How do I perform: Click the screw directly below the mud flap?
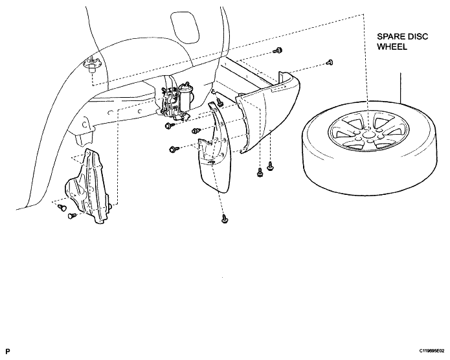point(225,219)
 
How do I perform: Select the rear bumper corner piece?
point(267,115)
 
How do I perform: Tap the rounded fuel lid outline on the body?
point(185,27)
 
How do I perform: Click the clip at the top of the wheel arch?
point(92,66)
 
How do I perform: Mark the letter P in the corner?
point(8,351)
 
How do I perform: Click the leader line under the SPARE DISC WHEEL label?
point(400,88)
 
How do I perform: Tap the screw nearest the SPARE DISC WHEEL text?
point(330,62)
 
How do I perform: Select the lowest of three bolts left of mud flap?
point(173,150)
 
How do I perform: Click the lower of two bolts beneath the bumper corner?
point(260,173)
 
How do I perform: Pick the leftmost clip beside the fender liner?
point(61,207)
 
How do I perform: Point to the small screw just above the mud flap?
point(219,102)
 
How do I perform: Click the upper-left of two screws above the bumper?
point(278,51)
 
